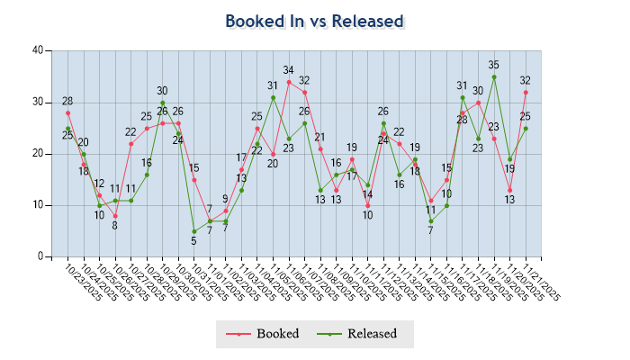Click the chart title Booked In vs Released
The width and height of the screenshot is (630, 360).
(x=314, y=21)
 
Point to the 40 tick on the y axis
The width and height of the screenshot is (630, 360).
(x=38, y=50)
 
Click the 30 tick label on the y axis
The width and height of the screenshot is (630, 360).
(x=38, y=102)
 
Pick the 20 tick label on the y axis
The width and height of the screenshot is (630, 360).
(x=38, y=154)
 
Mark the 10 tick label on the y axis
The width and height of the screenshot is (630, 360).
(x=38, y=205)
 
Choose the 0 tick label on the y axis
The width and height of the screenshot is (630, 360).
(x=40, y=256)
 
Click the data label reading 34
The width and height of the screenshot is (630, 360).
(x=289, y=70)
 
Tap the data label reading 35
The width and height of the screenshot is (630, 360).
(x=494, y=65)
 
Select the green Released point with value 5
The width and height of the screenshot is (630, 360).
(x=194, y=231)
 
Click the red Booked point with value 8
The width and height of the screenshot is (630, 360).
(x=115, y=216)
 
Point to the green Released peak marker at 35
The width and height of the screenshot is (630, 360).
(x=494, y=76)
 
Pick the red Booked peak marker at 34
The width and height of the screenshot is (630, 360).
(x=289, y=82)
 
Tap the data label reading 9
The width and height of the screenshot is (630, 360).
(x=226, y=199)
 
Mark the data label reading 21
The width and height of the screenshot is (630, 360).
(x=319, y=138)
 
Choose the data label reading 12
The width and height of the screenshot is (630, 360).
(x=99, y=184)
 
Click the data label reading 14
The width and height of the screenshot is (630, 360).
(x=367, y=194)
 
